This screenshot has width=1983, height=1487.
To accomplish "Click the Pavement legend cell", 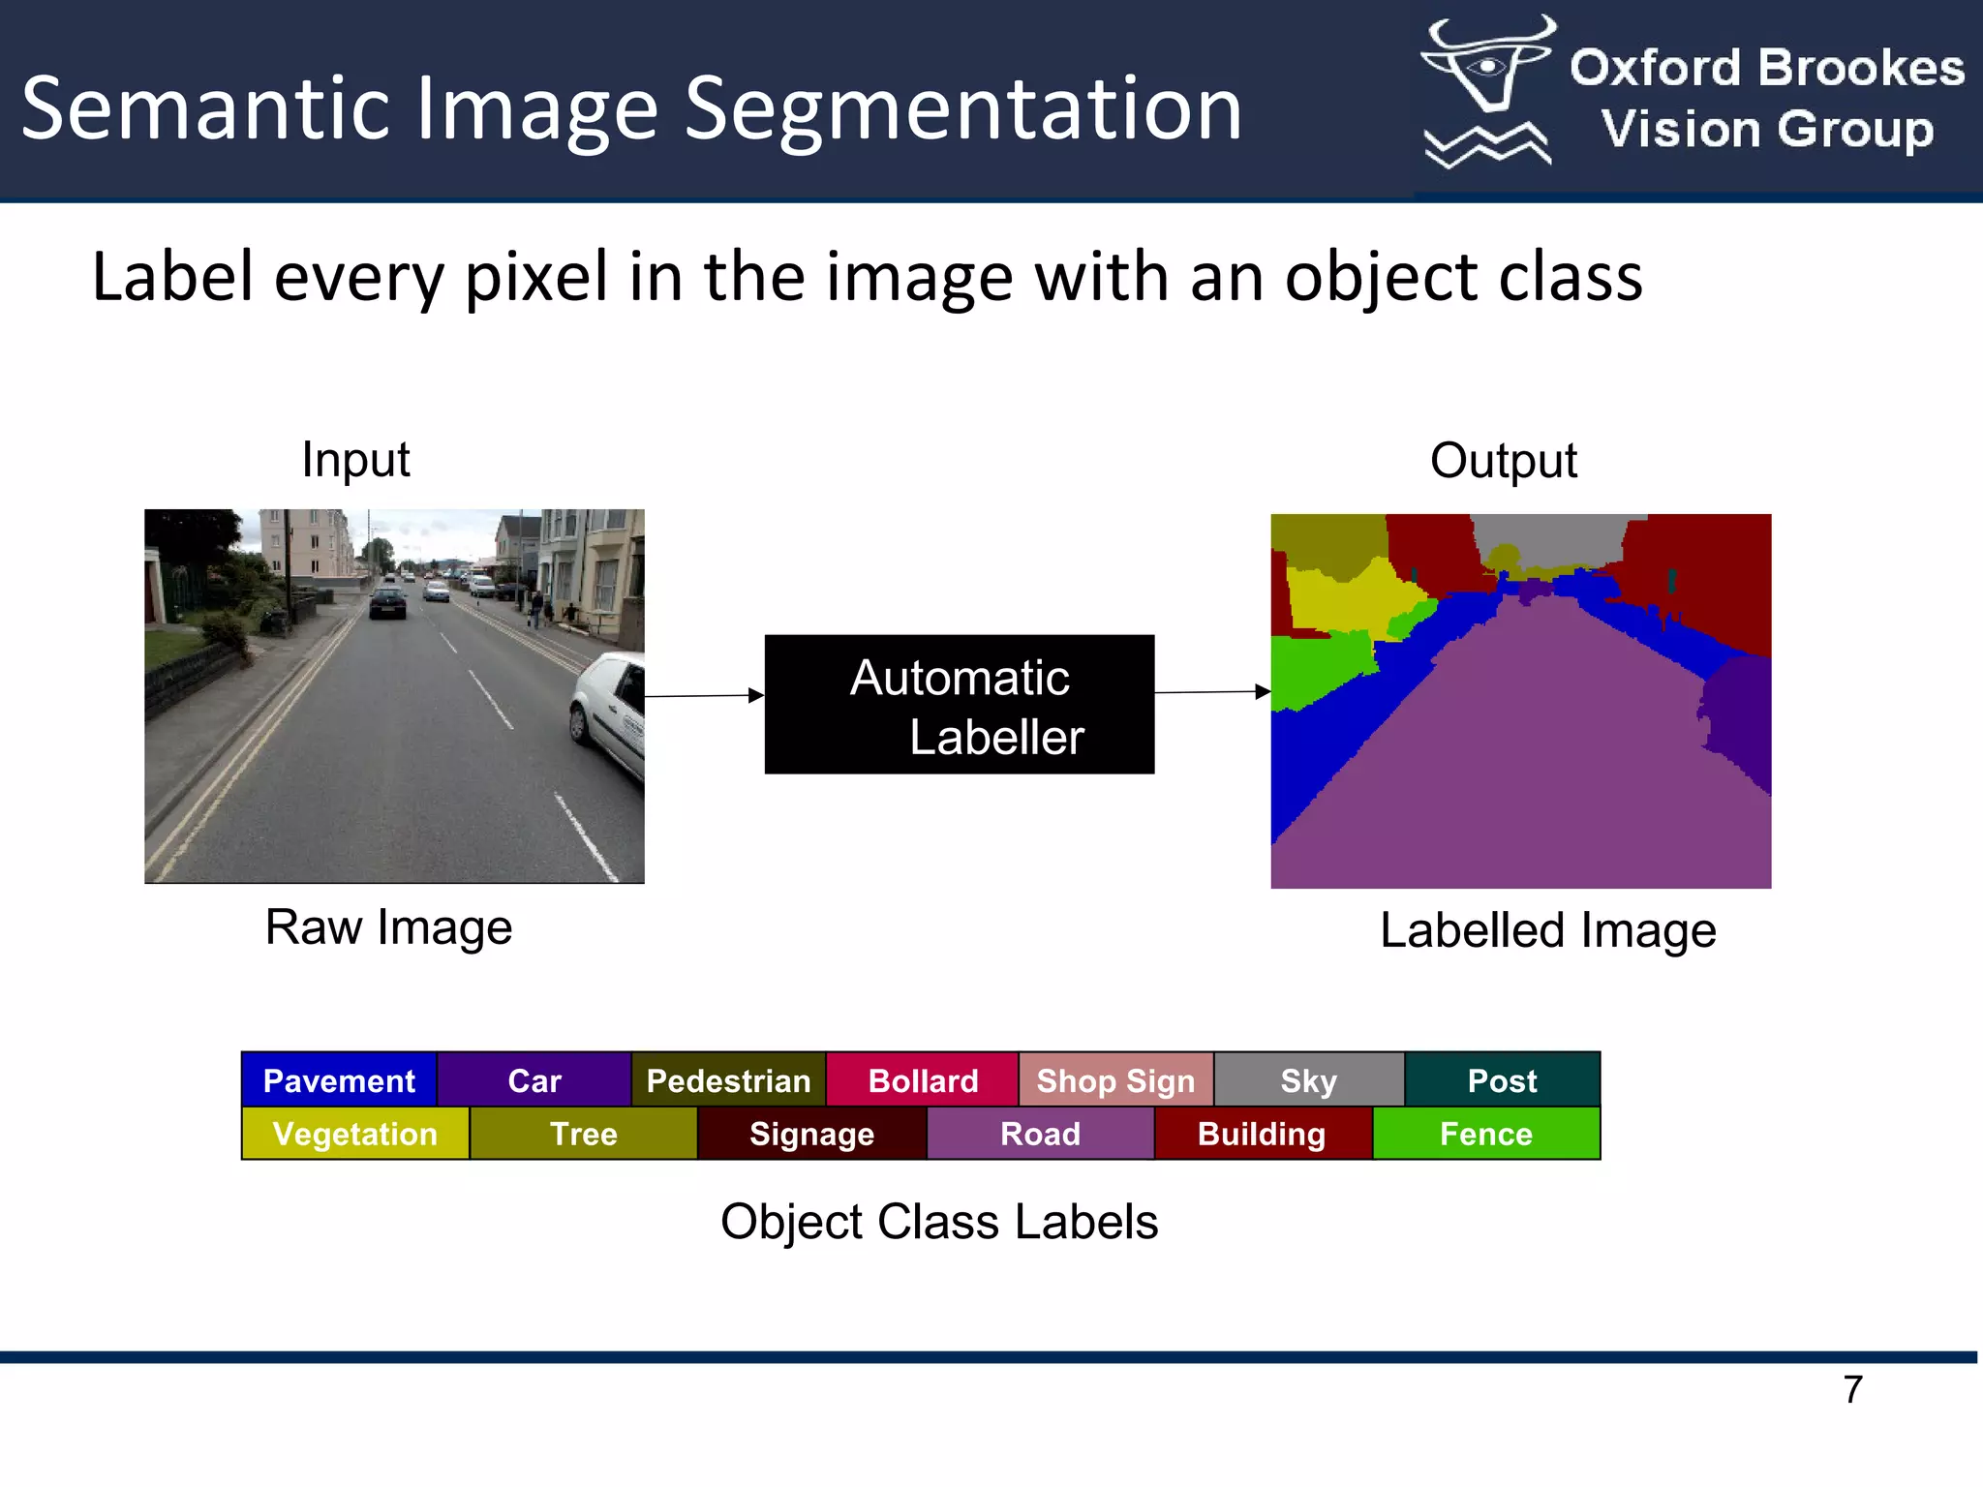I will click(339, 1079).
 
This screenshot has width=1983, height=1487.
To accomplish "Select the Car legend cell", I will click(534, 1079).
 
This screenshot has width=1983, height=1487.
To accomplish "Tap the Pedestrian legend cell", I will click(728, 1079).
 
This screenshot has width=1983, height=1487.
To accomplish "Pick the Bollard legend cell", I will click(923, 1079).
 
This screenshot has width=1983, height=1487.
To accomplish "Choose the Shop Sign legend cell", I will click(1115, 1079).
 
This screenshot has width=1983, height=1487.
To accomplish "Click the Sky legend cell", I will click(1309, 1079).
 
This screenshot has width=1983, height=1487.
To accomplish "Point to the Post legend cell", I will click(1502, 1079).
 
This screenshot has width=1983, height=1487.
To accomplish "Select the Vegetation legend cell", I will click(355, 1134).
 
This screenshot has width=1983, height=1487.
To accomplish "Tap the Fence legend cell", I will click(1486, 1134).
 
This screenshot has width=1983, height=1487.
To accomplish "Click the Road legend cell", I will click(1040, 1134).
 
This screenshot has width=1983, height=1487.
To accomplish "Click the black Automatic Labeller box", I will click(959, 705).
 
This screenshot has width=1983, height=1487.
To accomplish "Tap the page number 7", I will click(1852, 1389).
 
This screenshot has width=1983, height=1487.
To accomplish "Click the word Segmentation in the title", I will click(963, 108).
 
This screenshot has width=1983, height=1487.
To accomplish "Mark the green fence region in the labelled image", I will click(1317, 668).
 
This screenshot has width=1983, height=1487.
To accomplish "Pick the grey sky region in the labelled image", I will click(1549, 537).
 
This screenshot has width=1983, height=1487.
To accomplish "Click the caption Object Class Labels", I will click(939, 1222).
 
